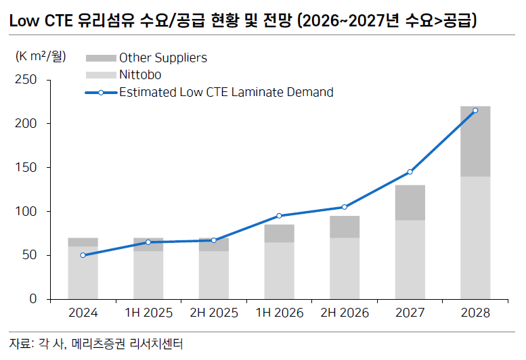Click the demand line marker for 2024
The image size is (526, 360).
pos(83,255)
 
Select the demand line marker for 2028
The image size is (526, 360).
pos(475,110)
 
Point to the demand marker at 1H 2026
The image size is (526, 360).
pos(279,216)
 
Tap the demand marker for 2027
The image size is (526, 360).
pos(410,172)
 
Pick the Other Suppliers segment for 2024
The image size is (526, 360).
pos(83,242)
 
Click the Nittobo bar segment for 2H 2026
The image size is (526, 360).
pos(345,268)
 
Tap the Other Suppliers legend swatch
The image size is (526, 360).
pos(101,58)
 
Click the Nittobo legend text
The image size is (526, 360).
pos(140,75)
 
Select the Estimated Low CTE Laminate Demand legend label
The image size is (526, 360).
pos(226,92)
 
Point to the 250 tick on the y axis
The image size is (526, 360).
pos(28,80)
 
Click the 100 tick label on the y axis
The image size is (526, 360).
pos(28,212)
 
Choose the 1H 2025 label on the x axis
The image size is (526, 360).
pos(148,313)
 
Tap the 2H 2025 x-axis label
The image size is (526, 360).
pos(213,313)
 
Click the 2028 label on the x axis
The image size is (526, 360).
pos(475,313)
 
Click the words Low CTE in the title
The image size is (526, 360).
pos(40,20)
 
